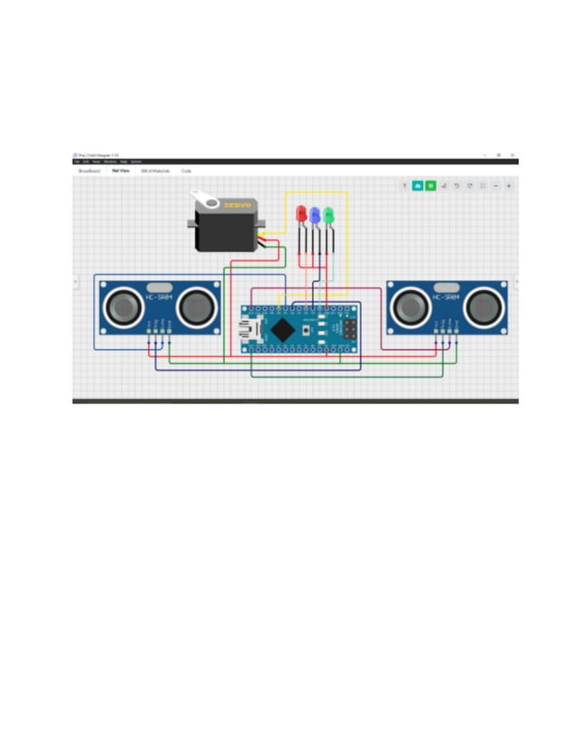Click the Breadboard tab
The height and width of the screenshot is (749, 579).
point(89,170)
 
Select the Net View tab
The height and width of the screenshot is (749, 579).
point(121,170)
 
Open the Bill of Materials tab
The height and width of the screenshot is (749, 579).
point(155,170)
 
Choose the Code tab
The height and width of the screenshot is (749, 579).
point(186,170)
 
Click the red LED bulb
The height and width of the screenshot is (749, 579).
point(302,213)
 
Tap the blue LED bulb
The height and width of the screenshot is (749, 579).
point(315,215)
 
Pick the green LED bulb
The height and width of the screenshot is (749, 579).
point(329,215)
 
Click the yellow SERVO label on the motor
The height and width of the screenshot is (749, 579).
point(238,206)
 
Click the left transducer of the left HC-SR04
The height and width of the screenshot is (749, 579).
point(124,307)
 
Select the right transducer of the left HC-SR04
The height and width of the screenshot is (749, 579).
point(196,307)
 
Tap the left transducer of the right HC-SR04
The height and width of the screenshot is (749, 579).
point(409,307)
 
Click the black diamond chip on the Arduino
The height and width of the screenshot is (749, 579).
point(284,329)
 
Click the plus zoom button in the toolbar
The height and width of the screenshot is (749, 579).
point(508,185)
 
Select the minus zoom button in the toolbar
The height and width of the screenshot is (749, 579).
point(496,185)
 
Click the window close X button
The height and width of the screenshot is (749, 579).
point(512,155)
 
